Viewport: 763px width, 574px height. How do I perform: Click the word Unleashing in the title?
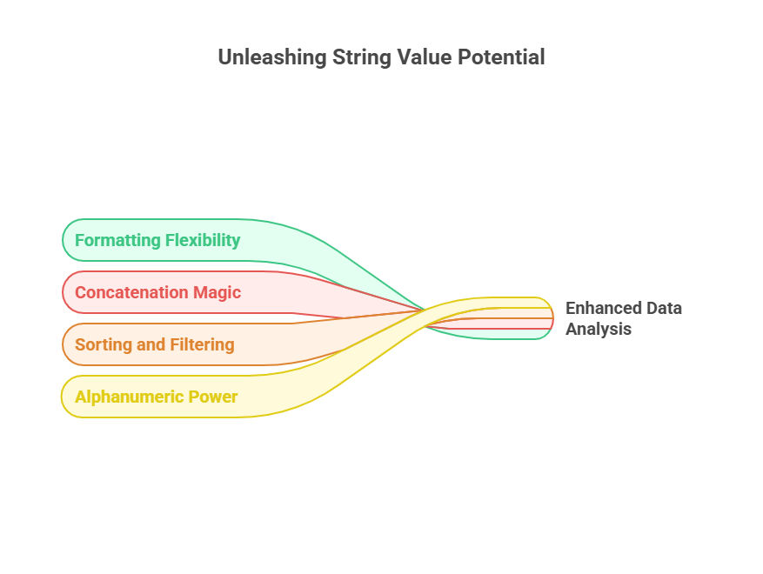click(272, 57)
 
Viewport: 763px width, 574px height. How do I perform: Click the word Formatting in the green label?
click(117, 240)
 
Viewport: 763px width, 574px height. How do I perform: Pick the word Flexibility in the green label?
click(203, 240)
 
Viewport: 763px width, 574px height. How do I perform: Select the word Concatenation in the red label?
click(131, 292)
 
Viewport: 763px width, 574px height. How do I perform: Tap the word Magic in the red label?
click(217, 293)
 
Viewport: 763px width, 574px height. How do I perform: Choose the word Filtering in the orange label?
click(204, 345)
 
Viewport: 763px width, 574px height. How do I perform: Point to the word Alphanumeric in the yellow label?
click(129, 397)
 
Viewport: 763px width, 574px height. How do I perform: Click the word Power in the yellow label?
click(212, 397)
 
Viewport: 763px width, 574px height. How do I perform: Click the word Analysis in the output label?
click(599, 330)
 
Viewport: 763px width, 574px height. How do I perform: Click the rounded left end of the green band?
click(63, 240)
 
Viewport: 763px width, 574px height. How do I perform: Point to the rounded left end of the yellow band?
click(62, 397)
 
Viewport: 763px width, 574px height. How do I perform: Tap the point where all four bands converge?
click(425, 310)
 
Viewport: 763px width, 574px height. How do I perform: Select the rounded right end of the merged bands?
click(552, 318)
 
